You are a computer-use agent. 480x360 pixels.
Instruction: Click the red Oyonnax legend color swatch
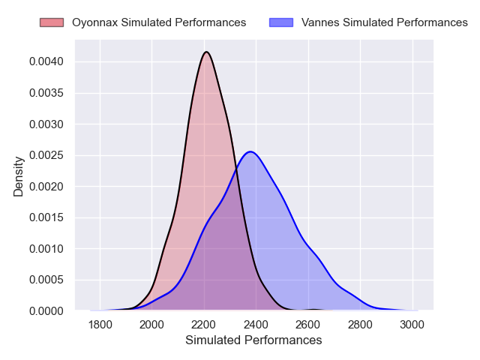point(52,22)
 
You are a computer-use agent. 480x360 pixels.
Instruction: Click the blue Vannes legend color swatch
point(281,22)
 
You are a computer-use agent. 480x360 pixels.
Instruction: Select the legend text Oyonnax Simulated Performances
point(159,22)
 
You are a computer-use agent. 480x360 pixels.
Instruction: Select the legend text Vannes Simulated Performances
point(384,22)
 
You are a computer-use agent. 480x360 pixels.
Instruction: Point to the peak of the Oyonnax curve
point(206,52)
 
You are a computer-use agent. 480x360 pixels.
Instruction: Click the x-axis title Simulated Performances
point(253,340)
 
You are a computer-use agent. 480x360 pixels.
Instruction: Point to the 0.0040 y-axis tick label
point(46,61)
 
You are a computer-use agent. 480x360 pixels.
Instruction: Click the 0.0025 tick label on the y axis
point(46,155)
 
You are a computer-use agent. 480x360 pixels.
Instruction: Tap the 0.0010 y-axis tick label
point(46,248)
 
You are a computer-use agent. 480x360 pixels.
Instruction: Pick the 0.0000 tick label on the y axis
point(46,310)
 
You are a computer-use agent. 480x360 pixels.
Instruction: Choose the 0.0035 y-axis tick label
point(46,93)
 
